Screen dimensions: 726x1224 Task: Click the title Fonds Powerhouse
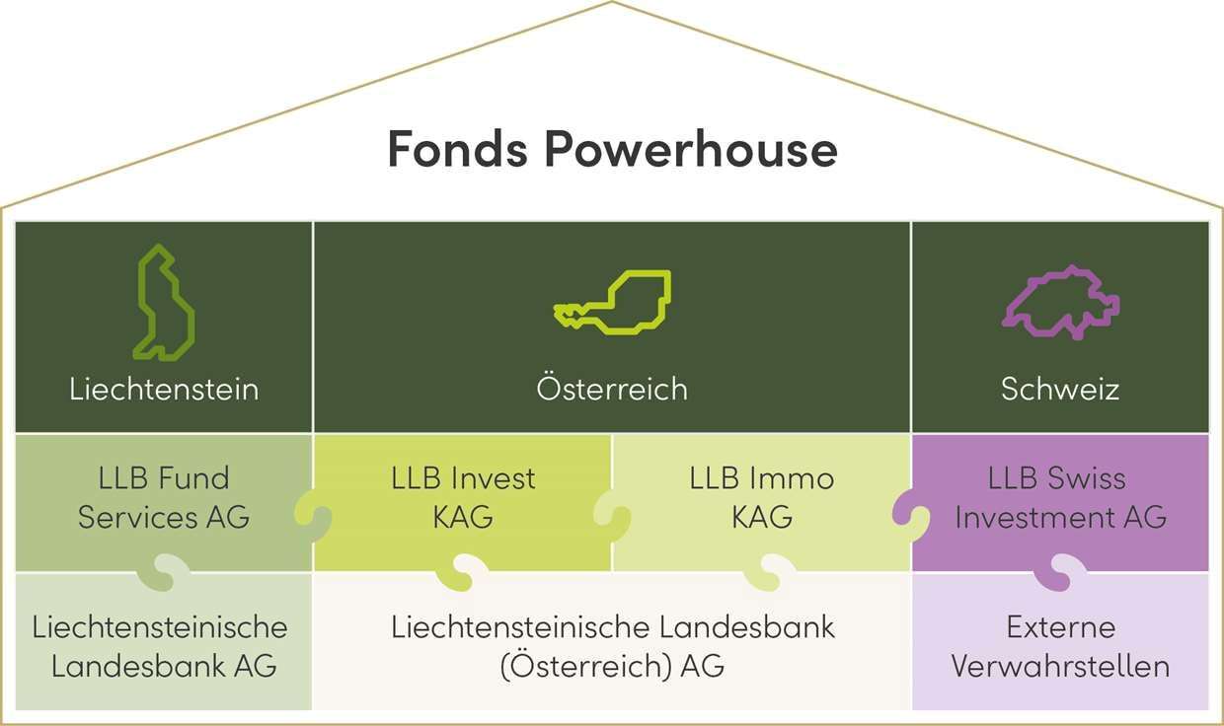(612, 150)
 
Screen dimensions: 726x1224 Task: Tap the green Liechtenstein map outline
(163, 302)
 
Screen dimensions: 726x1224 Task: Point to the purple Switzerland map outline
(1060, 302)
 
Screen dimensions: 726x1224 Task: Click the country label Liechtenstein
(164, 389)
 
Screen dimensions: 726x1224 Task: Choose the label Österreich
(612, 389)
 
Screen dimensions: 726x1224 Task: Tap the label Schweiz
(1060, 389)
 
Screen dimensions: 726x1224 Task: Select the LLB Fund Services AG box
(164, 498)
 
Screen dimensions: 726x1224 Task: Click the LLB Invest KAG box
(462, 498)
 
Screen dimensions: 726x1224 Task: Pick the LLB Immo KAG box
(761, 498)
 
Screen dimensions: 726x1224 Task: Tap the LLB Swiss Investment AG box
(1060, 498)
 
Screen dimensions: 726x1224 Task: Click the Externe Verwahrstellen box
(1060, 646)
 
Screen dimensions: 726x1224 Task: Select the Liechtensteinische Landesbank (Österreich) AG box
(612, 646)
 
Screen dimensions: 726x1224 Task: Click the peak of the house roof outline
(612, 3)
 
